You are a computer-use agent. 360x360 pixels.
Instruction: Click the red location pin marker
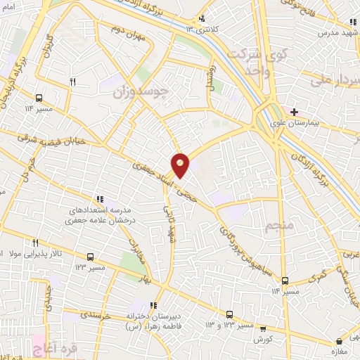coord(181,165)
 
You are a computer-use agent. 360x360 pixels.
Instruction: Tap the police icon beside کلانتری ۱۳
coord(202,19)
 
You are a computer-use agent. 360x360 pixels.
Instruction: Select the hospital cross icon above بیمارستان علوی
coord(294,112)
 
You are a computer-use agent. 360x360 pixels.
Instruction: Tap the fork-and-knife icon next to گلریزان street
coord(72,82)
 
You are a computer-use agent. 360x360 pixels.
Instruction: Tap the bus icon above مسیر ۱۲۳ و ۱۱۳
coord(229,314)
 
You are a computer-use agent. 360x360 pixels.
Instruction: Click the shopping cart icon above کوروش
coord(263,328)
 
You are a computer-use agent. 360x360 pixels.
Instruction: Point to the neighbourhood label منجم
coord(259,226)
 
